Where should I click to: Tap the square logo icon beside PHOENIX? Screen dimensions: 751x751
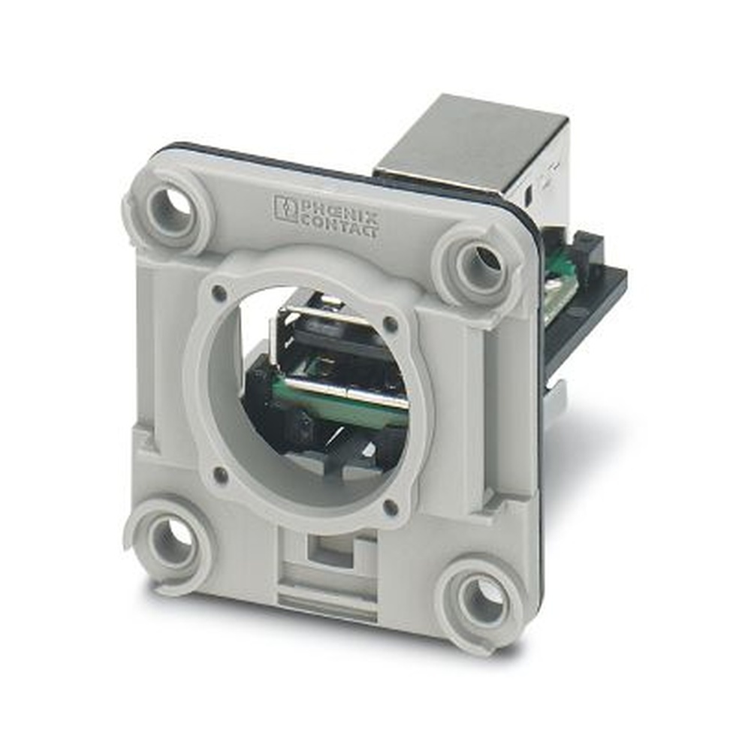(x=286, y=208)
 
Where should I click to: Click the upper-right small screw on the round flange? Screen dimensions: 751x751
(x=391, y=324)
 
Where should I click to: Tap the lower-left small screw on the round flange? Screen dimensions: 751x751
(x=220, y=475)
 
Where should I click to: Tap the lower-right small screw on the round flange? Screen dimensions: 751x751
(x=391, y=508)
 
